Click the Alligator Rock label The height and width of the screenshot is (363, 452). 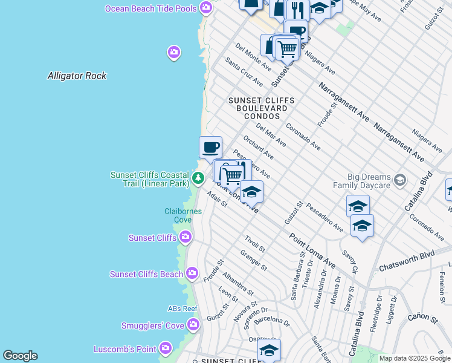(x=77, y=76)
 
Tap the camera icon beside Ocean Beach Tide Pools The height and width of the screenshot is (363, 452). (x=207, y=7)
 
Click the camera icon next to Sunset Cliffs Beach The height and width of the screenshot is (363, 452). (x=192, y=274)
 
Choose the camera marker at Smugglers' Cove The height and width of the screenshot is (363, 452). (x=193, y=325)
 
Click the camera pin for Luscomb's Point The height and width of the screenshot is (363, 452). (x=166, y=349)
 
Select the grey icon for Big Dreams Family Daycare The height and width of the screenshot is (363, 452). (x=399, y=180)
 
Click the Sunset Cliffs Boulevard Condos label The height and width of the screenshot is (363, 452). (x=262, y=108)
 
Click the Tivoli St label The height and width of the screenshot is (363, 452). (x=254, y=243)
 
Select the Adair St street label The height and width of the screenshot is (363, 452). (x=216, y=200)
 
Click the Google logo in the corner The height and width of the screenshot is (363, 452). (x=20, y=356)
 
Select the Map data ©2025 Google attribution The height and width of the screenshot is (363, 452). (x=414, y=358)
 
